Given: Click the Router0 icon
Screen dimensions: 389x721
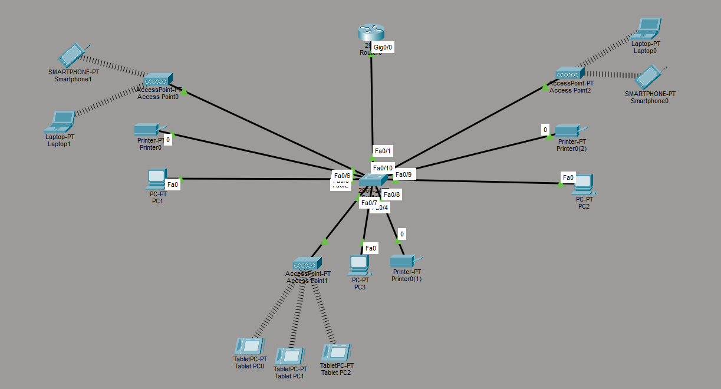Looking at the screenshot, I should point(371,33).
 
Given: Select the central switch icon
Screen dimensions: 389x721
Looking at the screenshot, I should point(373,180).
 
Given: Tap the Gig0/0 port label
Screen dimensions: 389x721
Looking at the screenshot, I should point(383,47).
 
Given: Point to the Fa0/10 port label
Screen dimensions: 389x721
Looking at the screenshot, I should point(382,168).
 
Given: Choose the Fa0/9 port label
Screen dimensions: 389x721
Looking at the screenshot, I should point(404,174).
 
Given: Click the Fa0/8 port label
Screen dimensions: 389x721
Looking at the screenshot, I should point(391,194).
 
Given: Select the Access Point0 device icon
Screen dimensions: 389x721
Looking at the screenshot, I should point(157,80).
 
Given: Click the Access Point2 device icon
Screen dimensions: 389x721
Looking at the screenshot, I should point(570,74).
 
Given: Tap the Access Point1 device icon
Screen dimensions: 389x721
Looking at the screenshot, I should point(307,263).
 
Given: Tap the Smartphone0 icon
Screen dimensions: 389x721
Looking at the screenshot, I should point(651,77).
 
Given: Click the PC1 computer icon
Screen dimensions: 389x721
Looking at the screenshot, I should point(156,179).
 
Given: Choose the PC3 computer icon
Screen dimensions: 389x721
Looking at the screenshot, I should point(359,265).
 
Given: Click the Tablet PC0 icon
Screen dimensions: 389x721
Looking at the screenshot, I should point(249,346).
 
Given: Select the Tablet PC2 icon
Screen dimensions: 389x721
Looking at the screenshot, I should point(337,353).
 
